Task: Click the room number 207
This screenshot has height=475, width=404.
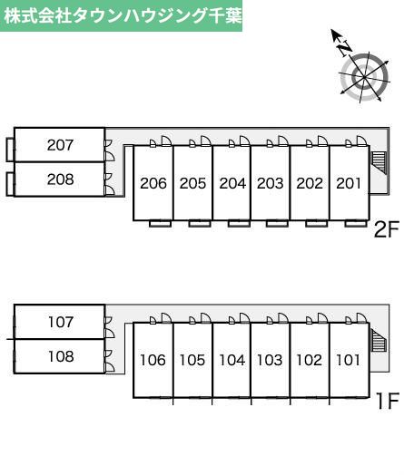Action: [x=60, y=145]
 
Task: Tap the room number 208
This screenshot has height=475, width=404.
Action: [x=60, y=179]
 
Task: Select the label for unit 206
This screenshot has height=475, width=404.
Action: [x=153, y=183]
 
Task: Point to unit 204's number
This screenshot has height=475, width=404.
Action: [x=232, y=183]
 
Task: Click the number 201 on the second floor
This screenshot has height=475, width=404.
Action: [x=349, y=183]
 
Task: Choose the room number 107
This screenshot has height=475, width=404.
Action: [x=61, y=322]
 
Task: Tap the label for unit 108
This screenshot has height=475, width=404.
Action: [x=61, y=356]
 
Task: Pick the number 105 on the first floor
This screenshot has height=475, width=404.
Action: [x=192, y=360]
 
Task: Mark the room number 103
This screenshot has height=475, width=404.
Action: [x=270, y=360]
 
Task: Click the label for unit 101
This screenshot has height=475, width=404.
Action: [x=349, y=360]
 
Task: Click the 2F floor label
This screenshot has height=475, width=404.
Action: [x=386, y=229]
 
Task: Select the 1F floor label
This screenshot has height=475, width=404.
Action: [x=388, y=401]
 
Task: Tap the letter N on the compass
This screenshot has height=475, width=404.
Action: [x=345, y=48]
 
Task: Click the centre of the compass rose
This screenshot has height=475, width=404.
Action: [x=364, y=77]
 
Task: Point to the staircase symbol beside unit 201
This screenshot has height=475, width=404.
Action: [x=379, y=162]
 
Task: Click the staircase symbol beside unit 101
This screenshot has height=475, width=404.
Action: [x=379, y=340]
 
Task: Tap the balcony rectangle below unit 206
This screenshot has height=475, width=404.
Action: [x=160, y=224]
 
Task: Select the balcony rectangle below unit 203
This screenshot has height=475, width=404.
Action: [x=277, y=224]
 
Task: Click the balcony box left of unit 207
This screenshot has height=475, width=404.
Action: [x=10, y=150]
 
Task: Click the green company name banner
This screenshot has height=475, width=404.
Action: [x=121, y=15]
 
